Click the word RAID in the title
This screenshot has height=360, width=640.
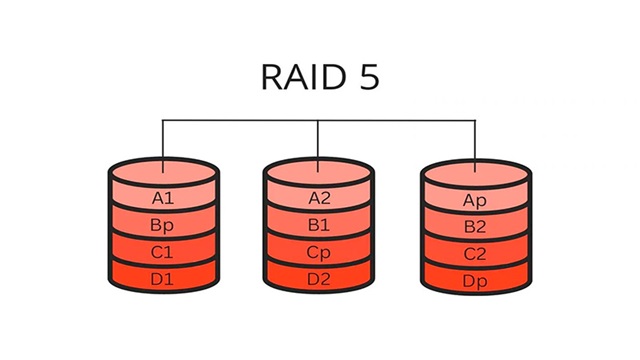(295, 78)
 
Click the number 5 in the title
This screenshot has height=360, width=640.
(369, 78)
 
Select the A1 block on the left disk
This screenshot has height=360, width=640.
(163, 198)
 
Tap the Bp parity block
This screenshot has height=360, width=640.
(163, 226)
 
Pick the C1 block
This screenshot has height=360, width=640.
(163, 252)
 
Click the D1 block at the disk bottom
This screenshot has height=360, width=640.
(163, 279)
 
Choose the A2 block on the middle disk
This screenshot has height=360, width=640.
(319, 198)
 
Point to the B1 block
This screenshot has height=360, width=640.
(319, 226)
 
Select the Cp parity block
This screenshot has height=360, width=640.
(319, 252)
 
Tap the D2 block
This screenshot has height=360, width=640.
(319, 279)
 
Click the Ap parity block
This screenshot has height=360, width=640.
(475, 199)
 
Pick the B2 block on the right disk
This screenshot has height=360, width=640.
(475, 227)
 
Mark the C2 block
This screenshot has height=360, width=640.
(475, 253)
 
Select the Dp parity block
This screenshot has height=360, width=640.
(475, 280)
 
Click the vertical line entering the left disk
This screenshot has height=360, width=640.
(163, 140)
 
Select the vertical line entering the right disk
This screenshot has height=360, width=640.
(475, 140)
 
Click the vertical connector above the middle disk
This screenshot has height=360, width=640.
(318, 140)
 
